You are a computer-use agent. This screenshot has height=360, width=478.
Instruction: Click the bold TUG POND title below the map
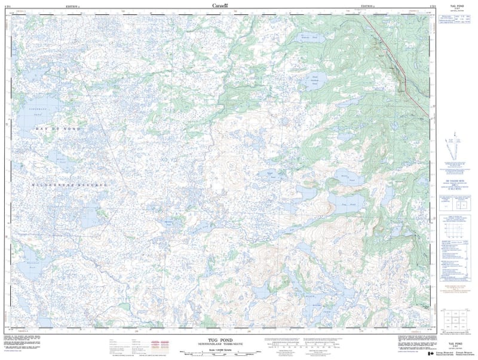(220, 338)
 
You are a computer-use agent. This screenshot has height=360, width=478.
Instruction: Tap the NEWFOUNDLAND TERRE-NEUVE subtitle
(220, 343)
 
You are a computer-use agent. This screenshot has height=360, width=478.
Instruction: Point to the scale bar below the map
(220, 353)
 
